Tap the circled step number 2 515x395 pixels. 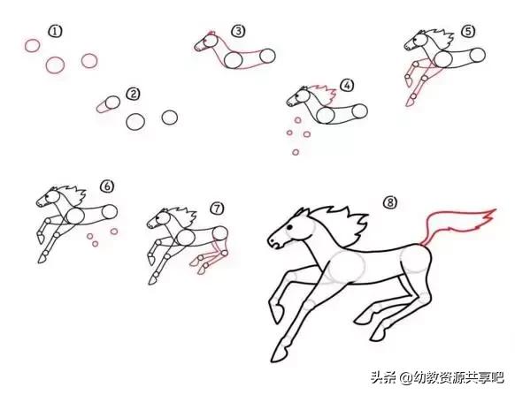(x=133, y=93)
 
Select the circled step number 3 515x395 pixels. (x=238, y=31)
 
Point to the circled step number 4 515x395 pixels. (x=347, y=86)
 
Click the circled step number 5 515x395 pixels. (x=467, y=32)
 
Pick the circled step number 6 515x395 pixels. (x=106, y=186)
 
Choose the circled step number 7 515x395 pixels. (x=217, y=208)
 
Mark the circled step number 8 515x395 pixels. (x=390, y=202)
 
